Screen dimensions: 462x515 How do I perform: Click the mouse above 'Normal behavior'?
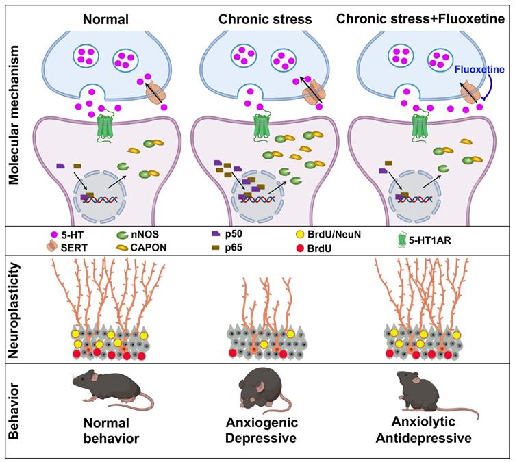click(110, 389)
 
